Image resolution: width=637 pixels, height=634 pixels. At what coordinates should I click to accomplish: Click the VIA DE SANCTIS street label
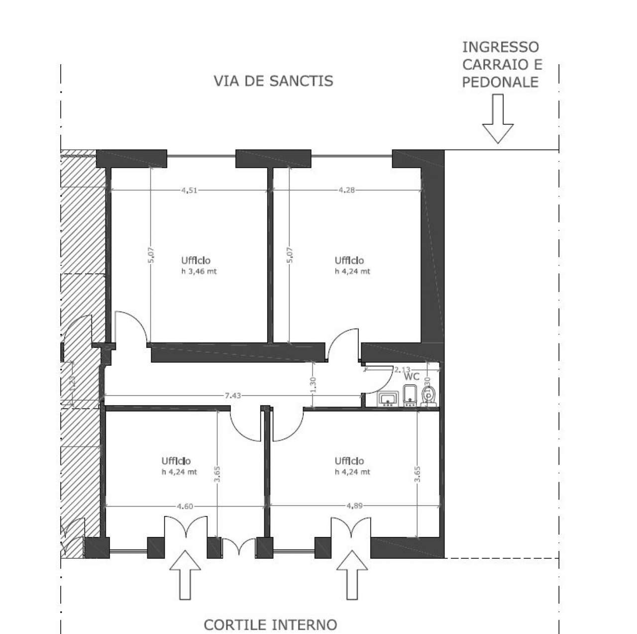click(x=273, y=81)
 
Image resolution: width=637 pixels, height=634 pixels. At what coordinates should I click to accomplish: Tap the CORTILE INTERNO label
click(x=271, y=611)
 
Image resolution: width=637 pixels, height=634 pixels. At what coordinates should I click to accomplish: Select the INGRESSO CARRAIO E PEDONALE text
click(x=501, y=65)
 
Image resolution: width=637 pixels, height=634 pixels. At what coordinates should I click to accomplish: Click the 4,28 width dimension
click(x=346, y=190)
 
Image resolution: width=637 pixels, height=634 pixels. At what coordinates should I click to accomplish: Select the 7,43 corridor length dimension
click(x=233, y=396)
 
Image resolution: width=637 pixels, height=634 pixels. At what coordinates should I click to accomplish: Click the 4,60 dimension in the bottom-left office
click(x=185, y=507)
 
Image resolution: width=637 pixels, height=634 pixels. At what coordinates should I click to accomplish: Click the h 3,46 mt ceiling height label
click(x=199, y=272)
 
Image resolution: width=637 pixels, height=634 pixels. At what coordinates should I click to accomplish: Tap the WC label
click(x=412, y=377)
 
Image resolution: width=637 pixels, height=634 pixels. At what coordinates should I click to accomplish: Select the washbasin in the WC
click(x=388, y=399)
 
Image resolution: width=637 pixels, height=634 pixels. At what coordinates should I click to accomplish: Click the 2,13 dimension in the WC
click(x=402, y=369)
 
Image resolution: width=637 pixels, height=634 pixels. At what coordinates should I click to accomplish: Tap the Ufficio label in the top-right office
click(x=349, y=260)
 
